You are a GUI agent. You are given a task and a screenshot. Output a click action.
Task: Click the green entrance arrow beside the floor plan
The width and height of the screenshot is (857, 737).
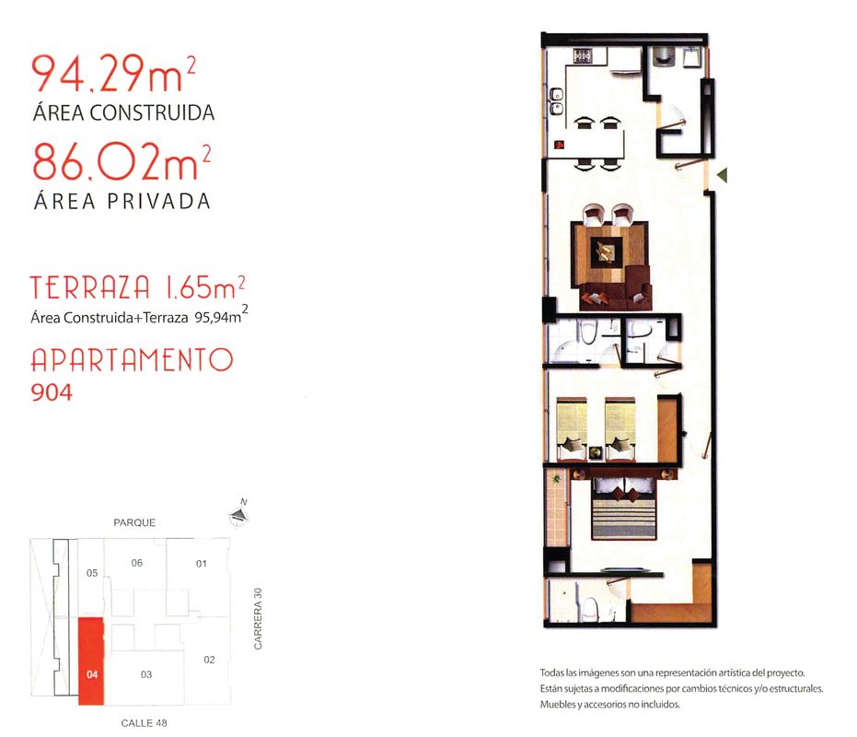click(x=723, y=175)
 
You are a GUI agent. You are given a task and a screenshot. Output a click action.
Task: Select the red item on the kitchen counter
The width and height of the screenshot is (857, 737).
click(x=559, y=145)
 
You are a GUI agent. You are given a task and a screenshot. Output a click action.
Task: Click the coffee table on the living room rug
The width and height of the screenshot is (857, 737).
click(x=605, y=252)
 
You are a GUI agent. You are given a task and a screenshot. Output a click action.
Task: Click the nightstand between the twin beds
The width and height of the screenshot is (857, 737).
click(x=596, y=452)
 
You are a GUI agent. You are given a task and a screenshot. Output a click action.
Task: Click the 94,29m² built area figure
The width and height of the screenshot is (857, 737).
click(x=113, y=73)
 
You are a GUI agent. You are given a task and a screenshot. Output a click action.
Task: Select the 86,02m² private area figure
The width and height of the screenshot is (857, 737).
click(x=122, y=161)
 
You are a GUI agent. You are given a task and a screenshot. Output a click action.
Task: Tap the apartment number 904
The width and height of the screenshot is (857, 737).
click(x=52, y=392)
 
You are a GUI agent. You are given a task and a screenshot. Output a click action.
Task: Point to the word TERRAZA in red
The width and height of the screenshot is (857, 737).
click(x=89, y=287)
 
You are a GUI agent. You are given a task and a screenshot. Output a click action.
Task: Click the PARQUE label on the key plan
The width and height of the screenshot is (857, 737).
click(x=134, y=522)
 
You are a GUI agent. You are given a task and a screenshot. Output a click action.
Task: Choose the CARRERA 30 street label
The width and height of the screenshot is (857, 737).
click(x=258, y=619)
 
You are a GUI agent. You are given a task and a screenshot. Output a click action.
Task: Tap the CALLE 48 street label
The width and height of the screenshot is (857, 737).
click(x=144, y=723)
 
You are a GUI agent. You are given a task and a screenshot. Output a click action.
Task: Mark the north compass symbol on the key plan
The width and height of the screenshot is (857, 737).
click(x=238, y=513)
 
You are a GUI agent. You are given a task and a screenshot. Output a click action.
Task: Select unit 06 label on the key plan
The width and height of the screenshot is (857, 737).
click(x=136, y=563)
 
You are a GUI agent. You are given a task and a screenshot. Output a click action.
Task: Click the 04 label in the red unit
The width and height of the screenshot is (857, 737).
click(x=92, y=674)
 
